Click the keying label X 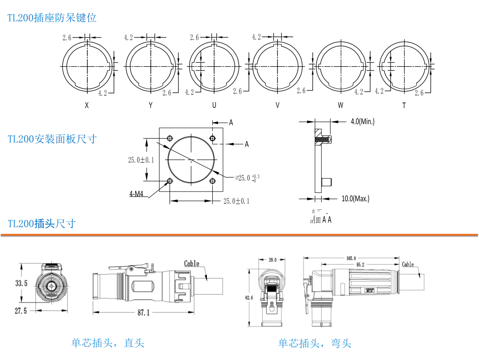87,106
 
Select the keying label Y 151,106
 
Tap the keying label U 214,106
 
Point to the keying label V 277,106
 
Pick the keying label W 341,106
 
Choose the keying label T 404,106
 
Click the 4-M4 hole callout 137,194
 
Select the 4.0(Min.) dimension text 362,121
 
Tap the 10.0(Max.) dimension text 355,198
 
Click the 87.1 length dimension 143,313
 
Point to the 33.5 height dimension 21,283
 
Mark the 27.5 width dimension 21,311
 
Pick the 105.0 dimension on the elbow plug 351,258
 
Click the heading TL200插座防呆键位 52,18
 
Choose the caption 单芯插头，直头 108,343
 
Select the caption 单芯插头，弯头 315,343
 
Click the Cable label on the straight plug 192,263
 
